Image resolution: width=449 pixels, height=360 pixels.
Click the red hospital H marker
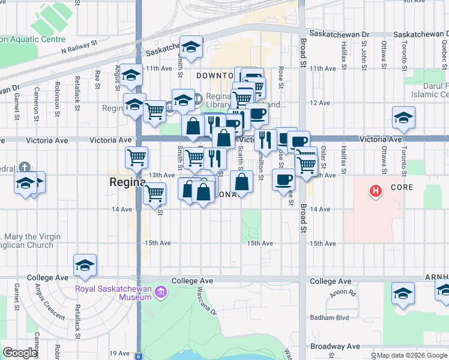376,192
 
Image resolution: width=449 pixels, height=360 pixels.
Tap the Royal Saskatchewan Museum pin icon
160,293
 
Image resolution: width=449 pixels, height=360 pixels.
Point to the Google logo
20,353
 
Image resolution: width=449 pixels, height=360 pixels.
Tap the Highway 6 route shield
139,356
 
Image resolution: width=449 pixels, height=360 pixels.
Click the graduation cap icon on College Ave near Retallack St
85,265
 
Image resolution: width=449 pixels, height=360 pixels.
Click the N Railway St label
79,48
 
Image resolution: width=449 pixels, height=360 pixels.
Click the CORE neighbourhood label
403,187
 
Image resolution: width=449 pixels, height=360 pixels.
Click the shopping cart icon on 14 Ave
155,193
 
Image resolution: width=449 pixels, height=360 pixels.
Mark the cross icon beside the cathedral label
24,167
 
